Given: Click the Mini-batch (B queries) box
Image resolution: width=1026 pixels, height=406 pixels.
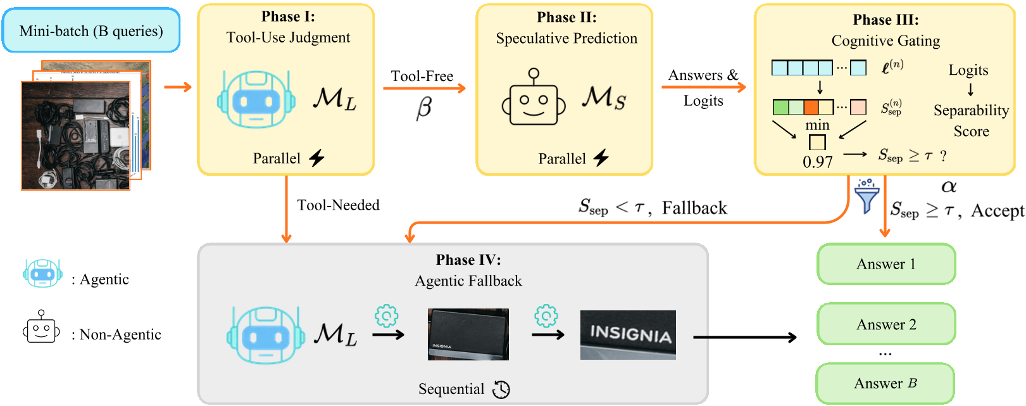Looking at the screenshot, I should coord(91,30).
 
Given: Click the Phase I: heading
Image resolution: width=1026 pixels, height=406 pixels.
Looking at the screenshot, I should coord(288,16).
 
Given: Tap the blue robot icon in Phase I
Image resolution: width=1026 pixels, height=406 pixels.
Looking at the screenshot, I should coord(256,99).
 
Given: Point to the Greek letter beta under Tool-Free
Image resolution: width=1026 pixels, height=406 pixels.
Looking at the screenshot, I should coord(423,108).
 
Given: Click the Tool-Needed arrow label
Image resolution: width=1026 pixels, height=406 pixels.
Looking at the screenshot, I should coord(338,205).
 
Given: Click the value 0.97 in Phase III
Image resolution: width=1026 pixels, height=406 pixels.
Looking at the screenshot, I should coord(817,162).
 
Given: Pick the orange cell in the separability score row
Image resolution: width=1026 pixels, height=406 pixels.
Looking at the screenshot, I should coord(811,107).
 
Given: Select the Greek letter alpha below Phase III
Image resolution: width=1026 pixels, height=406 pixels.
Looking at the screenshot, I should coord(949,187).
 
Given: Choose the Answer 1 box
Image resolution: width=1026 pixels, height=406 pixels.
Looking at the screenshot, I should coord(885,264).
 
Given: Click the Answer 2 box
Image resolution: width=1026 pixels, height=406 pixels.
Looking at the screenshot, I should coord(885,324).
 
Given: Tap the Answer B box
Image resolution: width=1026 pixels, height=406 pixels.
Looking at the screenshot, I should coord(885,383).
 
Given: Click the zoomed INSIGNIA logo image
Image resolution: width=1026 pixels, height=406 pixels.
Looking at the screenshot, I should coord(627,335).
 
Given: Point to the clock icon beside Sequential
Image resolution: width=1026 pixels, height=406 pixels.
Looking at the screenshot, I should coord(501,390).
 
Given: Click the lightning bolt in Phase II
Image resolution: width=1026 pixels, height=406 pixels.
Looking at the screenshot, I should coord(601,158).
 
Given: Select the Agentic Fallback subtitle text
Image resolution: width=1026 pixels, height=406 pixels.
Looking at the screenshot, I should coord(468,281).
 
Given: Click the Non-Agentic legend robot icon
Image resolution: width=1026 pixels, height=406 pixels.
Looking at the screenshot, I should coord(41,327).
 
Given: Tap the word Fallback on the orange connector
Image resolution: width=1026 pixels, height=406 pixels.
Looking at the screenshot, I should coord(694,208).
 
